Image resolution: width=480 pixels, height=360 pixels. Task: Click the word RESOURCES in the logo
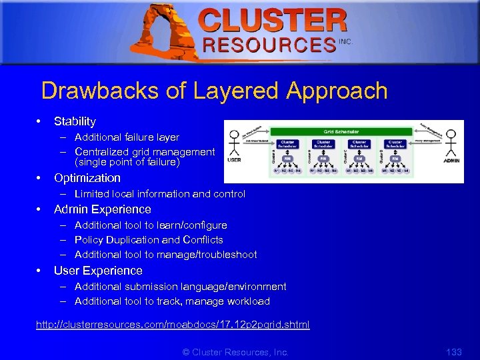tap(269, 45)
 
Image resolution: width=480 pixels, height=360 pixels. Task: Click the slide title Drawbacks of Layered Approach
tap(214, 91)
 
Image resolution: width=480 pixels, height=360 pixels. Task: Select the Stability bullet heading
tap(75, 121)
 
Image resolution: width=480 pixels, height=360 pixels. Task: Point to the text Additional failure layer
tap(127, 137)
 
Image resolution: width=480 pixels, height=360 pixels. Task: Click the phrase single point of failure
tap(127, 162)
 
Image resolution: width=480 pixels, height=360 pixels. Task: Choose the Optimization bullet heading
tap(87, 178)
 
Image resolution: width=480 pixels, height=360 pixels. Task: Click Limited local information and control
tap(160, 194)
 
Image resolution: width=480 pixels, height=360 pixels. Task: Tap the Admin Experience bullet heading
tap(102, 209)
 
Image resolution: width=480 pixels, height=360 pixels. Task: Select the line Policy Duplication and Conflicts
tap(149, 240)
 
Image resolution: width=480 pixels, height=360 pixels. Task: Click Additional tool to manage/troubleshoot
tap(165, 255)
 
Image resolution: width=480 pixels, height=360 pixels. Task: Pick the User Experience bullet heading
tap(98, 271)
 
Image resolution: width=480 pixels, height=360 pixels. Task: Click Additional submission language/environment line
tap(180, 287)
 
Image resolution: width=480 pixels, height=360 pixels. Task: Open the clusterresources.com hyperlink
tap(173, 325)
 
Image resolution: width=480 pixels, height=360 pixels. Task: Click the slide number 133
tap(453, 351)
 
